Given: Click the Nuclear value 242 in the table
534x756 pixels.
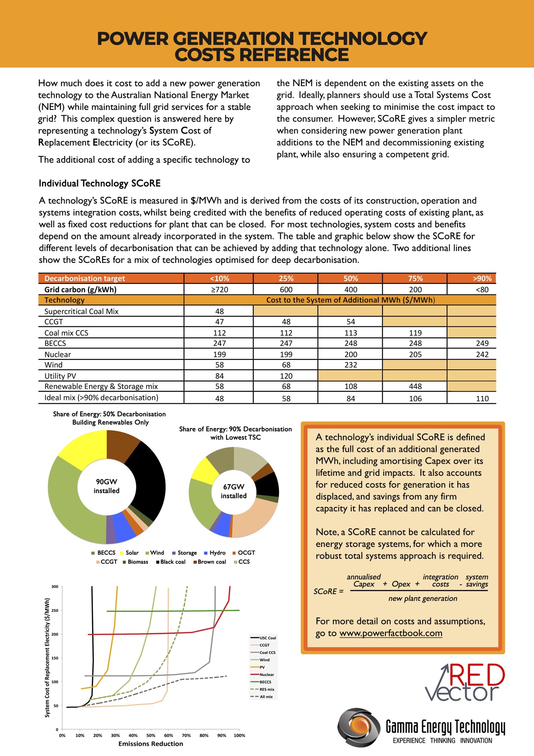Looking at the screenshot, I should (x=482, y=354).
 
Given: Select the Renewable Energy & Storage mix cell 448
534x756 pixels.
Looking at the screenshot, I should (x=415, y=387).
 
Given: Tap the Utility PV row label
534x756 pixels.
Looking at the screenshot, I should (x=60, y=376).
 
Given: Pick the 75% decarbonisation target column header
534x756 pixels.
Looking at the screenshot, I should (x=415, y=278).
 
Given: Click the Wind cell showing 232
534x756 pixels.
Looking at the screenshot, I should (x=351, y=365).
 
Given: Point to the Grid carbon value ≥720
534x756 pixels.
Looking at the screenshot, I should (x=219, y=290).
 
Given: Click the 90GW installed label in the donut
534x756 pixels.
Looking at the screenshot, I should (x=106, y=486).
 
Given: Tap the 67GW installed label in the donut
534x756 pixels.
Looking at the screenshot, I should (x=233, y=491).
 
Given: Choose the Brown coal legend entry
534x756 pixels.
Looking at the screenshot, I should (x=211, y=562).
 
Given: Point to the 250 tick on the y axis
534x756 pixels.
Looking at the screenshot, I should (x=55, y=610).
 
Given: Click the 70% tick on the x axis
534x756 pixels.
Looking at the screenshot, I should (x=186, y=735).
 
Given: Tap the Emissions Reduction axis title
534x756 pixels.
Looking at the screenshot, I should (x=151, y=744).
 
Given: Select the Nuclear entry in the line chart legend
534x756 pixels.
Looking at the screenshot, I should (x=266, y=675).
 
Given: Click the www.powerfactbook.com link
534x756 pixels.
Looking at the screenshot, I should (x=391, y=633).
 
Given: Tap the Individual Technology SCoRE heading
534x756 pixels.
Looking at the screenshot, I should (x=99, y=184).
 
